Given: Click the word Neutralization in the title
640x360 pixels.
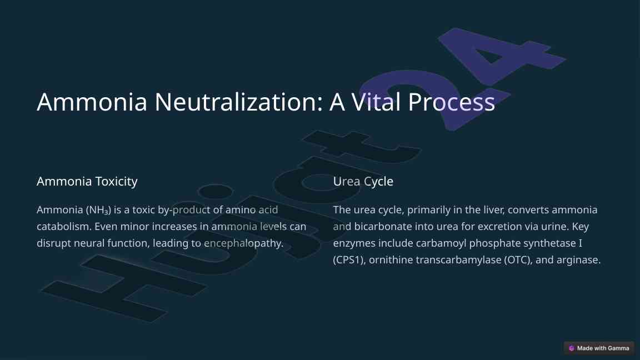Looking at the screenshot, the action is point(238,102).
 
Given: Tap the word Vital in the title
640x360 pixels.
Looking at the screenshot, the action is point(376,102).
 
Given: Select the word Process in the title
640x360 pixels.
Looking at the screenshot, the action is point(452,102).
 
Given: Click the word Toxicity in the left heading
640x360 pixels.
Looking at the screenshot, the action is point(116,181).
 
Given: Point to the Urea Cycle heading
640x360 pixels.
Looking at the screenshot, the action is point(363,181).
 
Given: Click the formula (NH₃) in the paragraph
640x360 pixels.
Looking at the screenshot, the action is point(98,210).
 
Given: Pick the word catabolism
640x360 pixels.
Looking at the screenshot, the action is point(64,226).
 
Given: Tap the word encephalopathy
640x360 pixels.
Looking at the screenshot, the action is point(243,243).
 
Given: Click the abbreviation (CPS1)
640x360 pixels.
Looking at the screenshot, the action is point(349,259).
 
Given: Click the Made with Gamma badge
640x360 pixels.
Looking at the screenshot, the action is point(599,348).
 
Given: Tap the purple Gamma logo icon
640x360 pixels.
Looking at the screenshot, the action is point(572,348).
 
